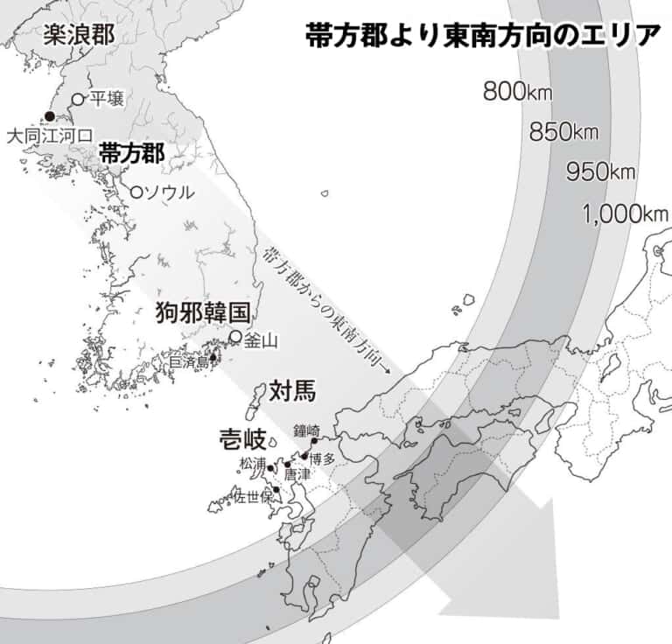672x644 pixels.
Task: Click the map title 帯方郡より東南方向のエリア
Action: [483, 36]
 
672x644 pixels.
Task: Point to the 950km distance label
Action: [600, 171]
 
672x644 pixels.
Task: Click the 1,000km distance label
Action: [624, 213]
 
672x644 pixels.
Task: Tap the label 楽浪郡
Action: [79, 35]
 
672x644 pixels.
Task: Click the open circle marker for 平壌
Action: [78, 99]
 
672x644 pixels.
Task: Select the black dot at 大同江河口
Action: [49, 116]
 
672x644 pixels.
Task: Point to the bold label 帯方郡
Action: [131, 152]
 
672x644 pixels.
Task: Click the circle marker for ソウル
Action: [136, 191]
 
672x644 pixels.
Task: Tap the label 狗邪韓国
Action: [203, 312]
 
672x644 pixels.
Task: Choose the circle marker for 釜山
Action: [235, 336]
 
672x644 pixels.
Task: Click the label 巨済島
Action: [188, 360]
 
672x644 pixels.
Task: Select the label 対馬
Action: [292, 390]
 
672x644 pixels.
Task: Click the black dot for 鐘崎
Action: [314, 441]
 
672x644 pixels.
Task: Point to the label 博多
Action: [323, 458]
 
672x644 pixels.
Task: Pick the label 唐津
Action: [297, 473]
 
